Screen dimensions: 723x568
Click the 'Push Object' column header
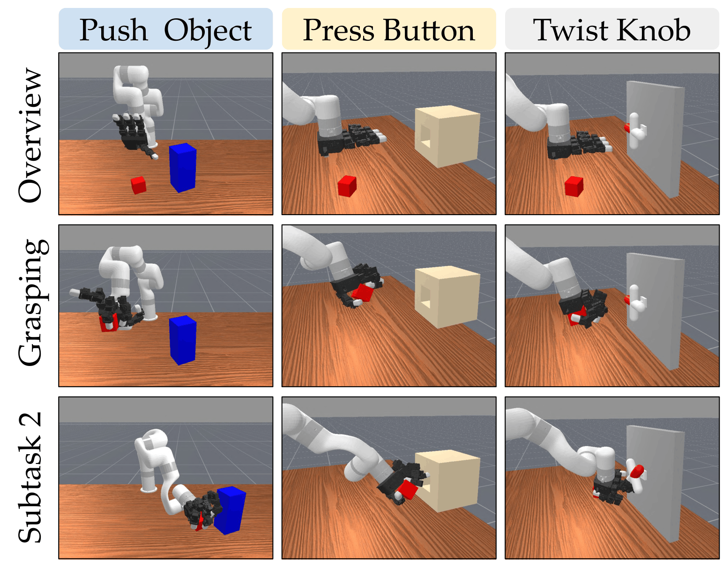tap(165, 30)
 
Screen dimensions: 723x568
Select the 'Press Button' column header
tap(388, 30)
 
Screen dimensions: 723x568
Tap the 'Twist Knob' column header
tap(612, 30)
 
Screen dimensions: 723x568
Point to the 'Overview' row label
tap(30, 135)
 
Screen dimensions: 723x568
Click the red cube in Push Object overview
tap(138, 185)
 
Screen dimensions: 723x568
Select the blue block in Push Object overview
tap(183, 168)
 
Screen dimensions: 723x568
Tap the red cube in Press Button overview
tap(347, 186)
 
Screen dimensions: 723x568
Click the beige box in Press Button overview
tap(447, 136)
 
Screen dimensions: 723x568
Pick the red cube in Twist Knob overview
tap(574, 187)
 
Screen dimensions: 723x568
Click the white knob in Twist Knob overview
tap(636, 131)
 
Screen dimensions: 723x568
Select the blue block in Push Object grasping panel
tap(183, 340)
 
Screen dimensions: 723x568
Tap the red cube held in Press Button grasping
tap(363, 293)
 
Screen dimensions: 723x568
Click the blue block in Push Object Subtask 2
tap(230, 510)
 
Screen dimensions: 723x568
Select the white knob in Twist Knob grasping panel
tap(636, 303)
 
